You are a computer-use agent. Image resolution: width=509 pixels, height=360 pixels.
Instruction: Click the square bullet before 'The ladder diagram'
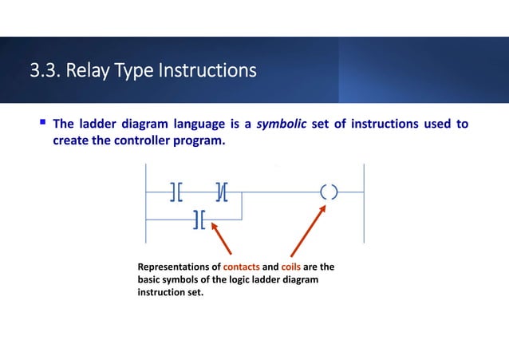[42, 124]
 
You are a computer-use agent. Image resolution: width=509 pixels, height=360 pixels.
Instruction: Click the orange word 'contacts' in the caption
[242, 267]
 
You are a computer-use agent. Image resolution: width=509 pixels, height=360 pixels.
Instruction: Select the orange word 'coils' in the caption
[290, 267]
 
